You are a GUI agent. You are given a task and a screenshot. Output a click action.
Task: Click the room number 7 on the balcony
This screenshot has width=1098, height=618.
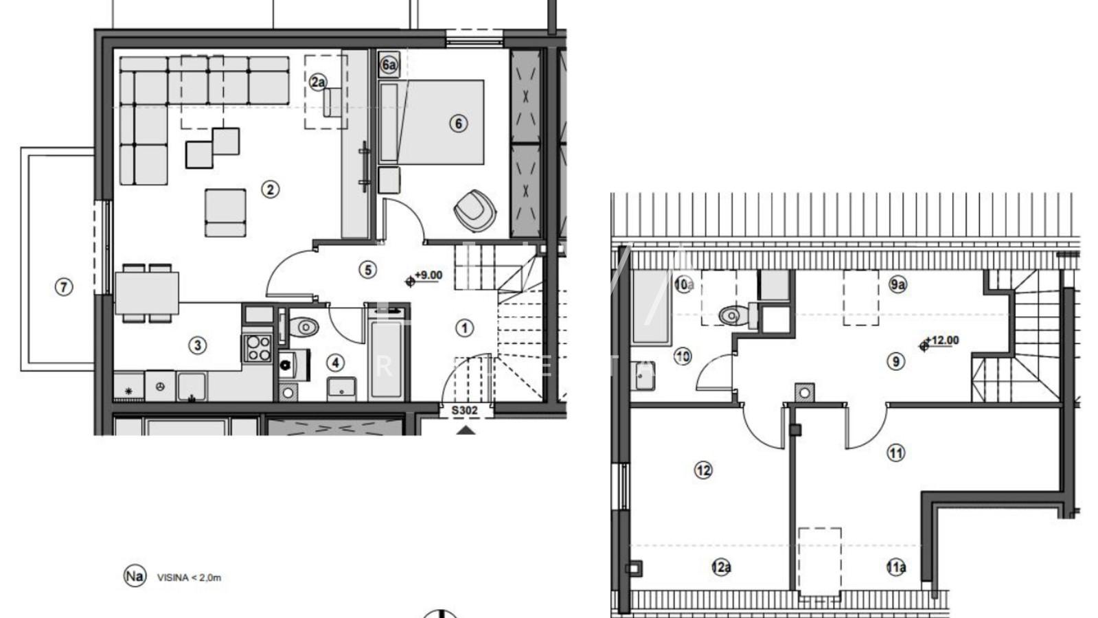tap(63, 286)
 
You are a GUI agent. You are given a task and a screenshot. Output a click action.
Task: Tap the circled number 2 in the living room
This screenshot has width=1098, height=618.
tap(270, 189)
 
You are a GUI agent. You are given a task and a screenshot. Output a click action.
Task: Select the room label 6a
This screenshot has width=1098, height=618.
tap(389, 65)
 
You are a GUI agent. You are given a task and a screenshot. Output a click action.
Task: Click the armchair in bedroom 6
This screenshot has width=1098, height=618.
tap(474, 209)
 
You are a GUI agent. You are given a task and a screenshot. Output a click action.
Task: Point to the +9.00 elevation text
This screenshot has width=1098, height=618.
tap(428, 275)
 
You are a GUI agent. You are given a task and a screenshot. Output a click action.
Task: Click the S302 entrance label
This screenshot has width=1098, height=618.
tap(465, 411)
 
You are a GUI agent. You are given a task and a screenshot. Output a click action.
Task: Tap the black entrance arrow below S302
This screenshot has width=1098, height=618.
tap(466, 431)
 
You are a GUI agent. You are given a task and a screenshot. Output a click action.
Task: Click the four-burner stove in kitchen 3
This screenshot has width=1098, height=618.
tap(259, 347)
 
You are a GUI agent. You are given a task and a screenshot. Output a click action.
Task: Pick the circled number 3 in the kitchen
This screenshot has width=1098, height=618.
tap(198, 345)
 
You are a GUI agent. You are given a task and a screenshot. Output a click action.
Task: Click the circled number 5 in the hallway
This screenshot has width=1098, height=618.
tap(367, 270)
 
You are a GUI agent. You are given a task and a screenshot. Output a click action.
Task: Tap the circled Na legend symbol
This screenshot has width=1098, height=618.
tap(135, 576)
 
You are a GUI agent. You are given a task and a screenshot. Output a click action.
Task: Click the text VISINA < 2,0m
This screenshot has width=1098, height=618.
tap(189, 577)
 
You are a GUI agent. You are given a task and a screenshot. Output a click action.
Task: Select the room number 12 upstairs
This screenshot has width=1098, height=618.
tap(703, 470)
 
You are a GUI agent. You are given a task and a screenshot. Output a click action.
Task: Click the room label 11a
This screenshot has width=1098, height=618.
tap(895, 567)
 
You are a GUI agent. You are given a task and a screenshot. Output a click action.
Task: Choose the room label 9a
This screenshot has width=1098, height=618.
tap(897, 284)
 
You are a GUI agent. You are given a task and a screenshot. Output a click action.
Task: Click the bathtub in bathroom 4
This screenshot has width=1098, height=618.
tap(386, 358)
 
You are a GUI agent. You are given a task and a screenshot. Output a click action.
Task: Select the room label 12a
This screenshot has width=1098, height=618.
tap(721, 567)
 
